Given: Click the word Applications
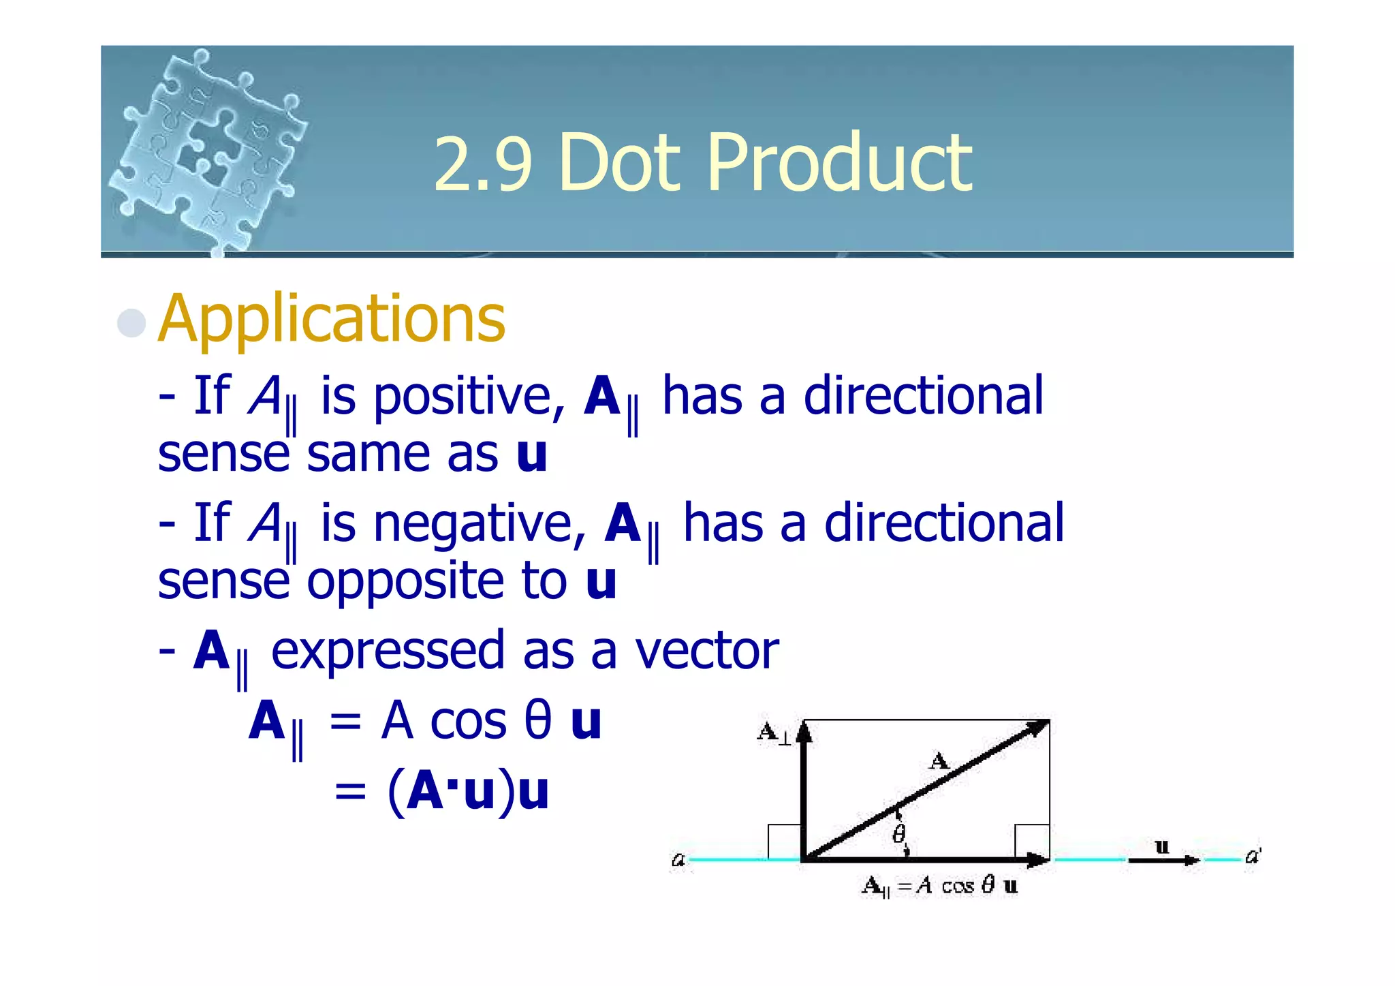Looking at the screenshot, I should pyautogui.click(x=332, y=319).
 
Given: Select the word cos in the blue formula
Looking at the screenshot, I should pyautogui.click(x=468, y=722).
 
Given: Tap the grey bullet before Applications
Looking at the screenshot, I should pyautogui.click(x=131, y=322).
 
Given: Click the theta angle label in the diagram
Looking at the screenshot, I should pyautogui.click(x=899, y=833).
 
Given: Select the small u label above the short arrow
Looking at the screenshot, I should pyautogui.click(x=1162, y=847).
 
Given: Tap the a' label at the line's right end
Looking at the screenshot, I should pyautogui.click(x=1253, y=856).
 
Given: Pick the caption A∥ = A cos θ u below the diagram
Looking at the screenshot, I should pyautogui.click(x=940, y=886).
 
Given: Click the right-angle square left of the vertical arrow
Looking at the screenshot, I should pyautogui.click(x=784, y=842).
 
